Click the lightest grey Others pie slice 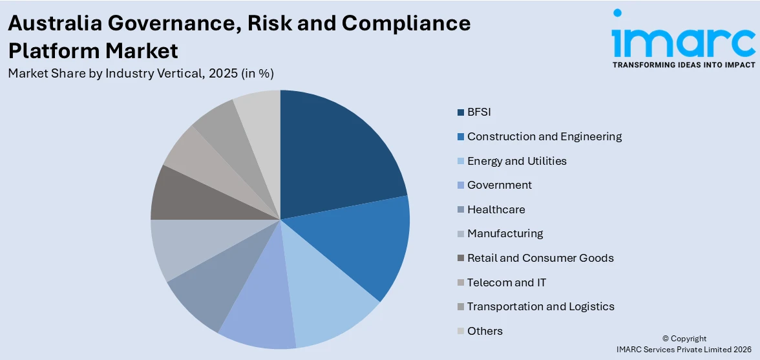259,123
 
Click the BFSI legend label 479,112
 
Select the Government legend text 500,185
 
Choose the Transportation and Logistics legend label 540,307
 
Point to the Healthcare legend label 496,209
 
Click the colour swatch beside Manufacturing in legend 460,234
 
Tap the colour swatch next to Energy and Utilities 460,161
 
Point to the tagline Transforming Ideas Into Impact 683,65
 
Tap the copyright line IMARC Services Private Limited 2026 684,350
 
